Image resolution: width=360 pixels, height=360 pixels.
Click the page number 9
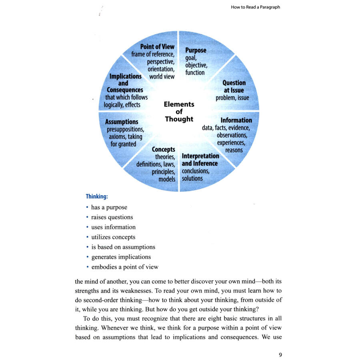pyautogui.click(x=280, y=354)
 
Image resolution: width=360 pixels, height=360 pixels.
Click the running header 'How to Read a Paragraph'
pyautogui.click(x=255, y=7)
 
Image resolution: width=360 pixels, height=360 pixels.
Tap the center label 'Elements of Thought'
pyautogui.click(x=179, y=112)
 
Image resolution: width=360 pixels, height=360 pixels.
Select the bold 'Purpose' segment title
pyautogui.click(x=196, y=50)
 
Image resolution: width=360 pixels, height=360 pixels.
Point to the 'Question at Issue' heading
pyautogui.click(x=234, y=86)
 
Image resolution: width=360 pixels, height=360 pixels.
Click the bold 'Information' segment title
pyautogui.click(x=236, y=120)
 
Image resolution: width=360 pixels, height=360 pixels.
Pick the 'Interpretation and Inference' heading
pyautogui.click(x=200, y=160)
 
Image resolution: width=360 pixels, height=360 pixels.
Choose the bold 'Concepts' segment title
pyautogui.click(x=163, y=150)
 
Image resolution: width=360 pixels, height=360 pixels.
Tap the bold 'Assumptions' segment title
pyautogui.click(x=122, y=122)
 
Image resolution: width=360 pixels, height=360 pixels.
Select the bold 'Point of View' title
pyautogui.click(x=157, y=47)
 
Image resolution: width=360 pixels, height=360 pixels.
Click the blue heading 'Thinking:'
pyautogui.click(x=97, y=196)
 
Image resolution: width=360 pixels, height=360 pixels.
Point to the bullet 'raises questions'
pyautogui.click(x=112, y=217)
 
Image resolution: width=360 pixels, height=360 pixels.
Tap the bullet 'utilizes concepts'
pyautogui.click(x=113, y=237)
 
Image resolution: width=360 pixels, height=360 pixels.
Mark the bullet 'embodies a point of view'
pyautogui.click(x=125, y=267)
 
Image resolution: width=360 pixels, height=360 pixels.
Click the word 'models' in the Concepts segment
pyautogui.click(x=167, y=179)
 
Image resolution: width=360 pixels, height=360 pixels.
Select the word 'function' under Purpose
pyautogui.click(x=195, y=72)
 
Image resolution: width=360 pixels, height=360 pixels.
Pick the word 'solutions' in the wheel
pyautogui.click(x=192, y=178)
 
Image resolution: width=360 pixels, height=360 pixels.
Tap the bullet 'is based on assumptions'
pyautogui.click(x=123, y=247)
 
